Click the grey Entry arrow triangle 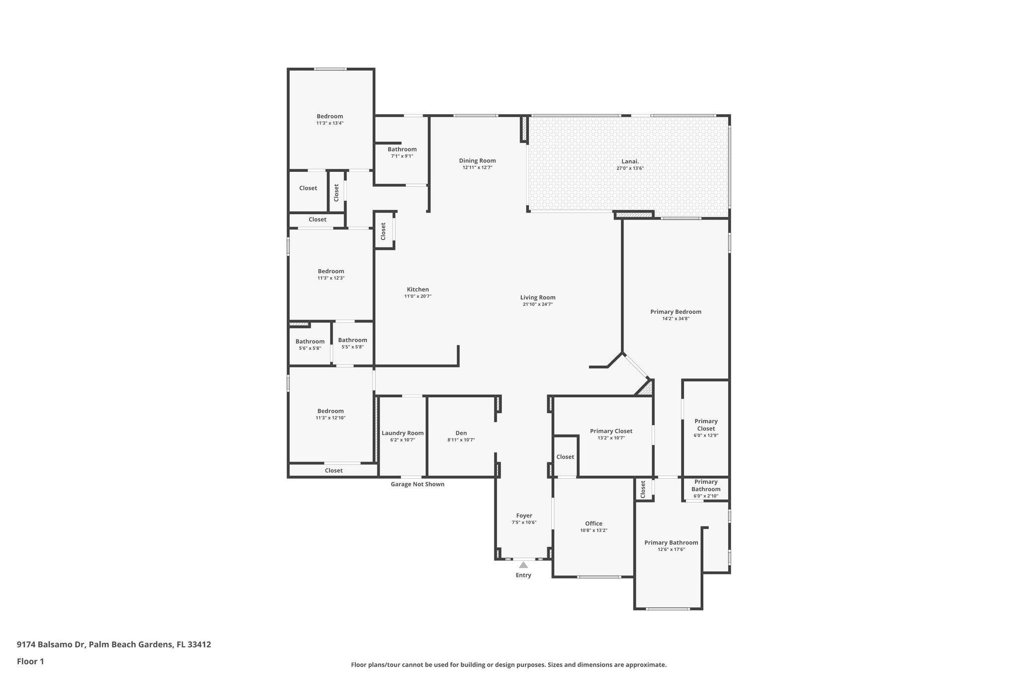(523, 565)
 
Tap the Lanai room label (630, 161)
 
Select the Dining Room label (477, 160)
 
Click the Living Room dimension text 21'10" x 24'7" (538, 304)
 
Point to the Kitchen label (418, 290)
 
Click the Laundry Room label (403, 433)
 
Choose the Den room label (461, 433)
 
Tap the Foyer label (524, 516)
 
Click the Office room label (594, 524)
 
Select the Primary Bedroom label (676, 312)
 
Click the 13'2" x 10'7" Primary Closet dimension (611, 438)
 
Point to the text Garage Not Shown (418, 484)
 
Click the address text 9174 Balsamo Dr (51, 645)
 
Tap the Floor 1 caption (30, 662)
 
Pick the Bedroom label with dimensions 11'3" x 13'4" (330, 116)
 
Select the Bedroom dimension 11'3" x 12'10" (331, 418)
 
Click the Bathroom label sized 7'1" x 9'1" (402, 150)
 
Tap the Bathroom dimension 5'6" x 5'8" (310, 348)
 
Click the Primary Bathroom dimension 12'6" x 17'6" (671, 549)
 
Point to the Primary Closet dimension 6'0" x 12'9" (706, 436)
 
